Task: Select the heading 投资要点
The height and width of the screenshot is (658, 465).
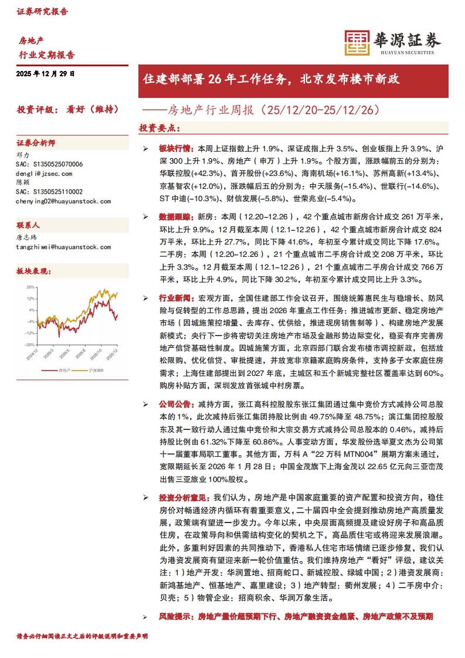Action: (x=159, y=128)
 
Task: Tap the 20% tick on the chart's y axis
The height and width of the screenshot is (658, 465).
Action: (x=30, y=287)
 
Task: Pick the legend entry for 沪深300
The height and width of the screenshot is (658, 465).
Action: (x=96, y=371)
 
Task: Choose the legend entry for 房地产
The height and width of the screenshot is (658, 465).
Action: (x=63, y=371)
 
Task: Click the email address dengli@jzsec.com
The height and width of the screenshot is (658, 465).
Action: (x=44, y=174)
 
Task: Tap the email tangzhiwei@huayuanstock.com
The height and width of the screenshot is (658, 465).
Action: (x=63, y=247)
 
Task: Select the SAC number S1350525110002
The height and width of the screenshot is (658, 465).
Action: (x=49, y=191)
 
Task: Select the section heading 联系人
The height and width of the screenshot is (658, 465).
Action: (x=28, y=225)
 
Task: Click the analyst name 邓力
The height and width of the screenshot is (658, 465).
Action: (x=22, y=155)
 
